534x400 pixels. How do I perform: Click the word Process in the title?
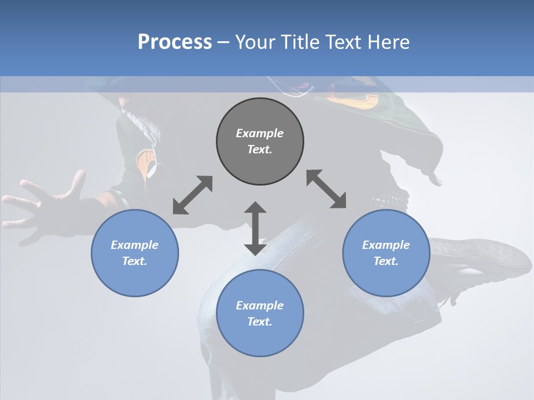point(175,42)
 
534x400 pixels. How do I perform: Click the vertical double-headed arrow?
point(255,228)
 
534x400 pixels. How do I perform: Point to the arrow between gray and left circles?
point(192,195)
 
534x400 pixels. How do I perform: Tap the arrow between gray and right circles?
point(326,189)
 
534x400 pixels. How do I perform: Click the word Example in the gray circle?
point(260,133)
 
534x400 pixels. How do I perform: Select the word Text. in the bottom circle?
point(260,322)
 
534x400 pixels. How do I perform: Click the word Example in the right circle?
point(386,245)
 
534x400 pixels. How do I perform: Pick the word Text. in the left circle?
point(135,261)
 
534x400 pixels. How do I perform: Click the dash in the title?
point(223,42)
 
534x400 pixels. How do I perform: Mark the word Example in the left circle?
point(135,245)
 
